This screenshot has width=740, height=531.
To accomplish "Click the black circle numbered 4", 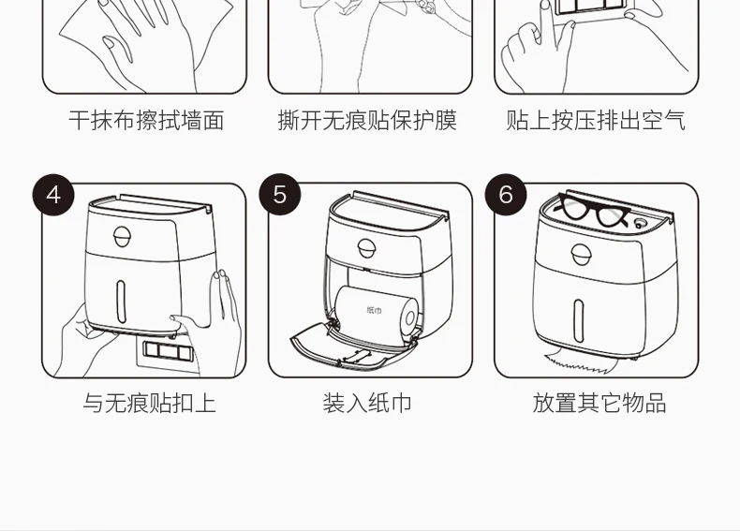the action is click(53, 195).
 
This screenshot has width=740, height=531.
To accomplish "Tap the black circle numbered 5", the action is click(280, 195).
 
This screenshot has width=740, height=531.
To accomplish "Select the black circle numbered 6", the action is click(507, 195).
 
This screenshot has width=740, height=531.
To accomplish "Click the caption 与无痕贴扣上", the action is click(149, 404).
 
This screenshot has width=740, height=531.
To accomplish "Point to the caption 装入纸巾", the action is click(367, 404).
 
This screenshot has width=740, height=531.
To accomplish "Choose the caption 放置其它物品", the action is click(599, 404).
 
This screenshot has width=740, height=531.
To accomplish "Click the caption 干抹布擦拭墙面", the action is click(146, 121).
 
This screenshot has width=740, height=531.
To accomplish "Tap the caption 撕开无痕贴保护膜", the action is click(367, 121).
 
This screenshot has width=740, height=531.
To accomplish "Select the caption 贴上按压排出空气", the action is click(596, 121).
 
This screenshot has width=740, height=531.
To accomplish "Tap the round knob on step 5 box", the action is click(371, 247).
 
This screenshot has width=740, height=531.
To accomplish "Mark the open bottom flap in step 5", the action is click(351, 346).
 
